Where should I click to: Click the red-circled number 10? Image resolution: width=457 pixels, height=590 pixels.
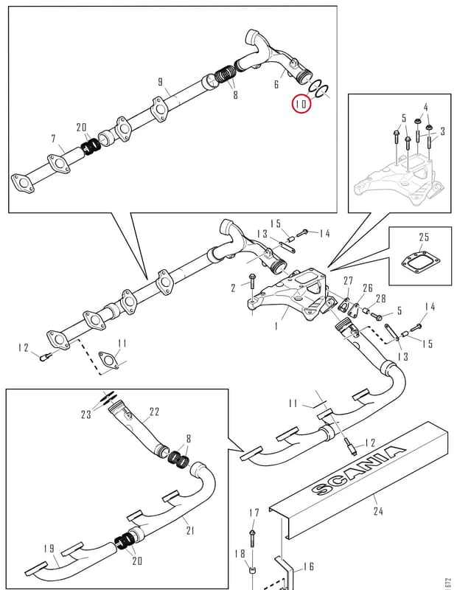point(301,103)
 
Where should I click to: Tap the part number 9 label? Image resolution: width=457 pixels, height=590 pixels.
point(161,82)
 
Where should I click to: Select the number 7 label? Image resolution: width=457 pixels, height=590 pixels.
point(53,139)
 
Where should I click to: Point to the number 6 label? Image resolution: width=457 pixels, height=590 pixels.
point(276,84)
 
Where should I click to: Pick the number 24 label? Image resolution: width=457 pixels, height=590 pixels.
point(378,511)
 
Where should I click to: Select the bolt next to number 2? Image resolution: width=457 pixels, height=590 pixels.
point(252,282)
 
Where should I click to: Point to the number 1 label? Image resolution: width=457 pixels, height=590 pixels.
point(276,325)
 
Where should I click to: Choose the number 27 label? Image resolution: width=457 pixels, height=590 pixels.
point(349,281)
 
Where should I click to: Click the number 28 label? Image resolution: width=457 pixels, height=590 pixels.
point(381,299)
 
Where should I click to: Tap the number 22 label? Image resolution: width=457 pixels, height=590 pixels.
point(155,412)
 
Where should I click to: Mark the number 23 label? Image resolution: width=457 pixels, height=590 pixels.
point(86,414)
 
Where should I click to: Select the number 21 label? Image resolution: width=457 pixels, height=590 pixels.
point(190,530)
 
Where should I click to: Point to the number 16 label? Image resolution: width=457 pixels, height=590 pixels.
point(309,566)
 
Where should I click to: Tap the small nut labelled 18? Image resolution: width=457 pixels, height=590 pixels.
point(253,571)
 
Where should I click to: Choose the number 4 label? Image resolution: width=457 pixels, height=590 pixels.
point(426,107)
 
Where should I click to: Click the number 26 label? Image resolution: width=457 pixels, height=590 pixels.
point(368,288)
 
